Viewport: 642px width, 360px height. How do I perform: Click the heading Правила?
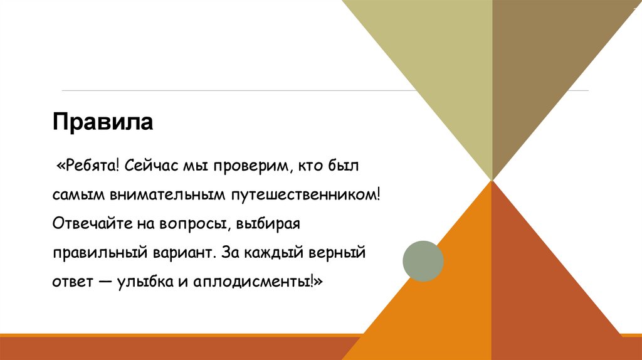point(103,121)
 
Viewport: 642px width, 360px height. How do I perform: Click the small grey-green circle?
point(423,260)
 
